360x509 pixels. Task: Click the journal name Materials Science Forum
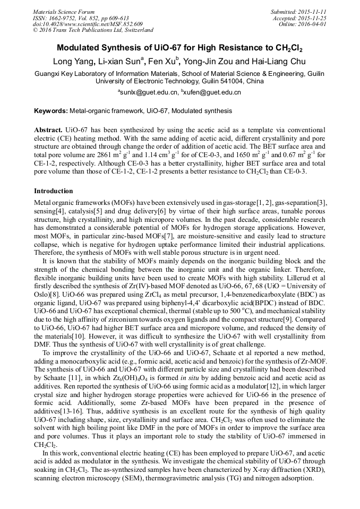coord(64,12)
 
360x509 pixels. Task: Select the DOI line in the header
coord(88,24)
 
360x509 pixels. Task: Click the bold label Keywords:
coord(50,111)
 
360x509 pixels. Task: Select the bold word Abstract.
coord(48,130)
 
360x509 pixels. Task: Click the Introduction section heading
coord(54,191)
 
